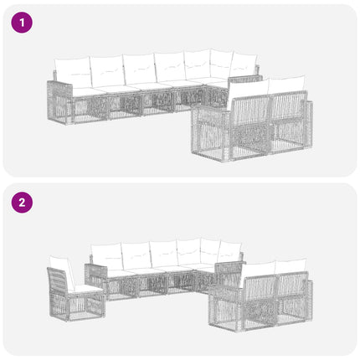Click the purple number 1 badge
point(22,23)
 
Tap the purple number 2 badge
point(22,203)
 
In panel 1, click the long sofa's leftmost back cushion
point(73,72)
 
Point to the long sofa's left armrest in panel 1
point(59,102)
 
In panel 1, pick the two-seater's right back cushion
point(286,85)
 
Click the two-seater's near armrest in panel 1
point(208,133)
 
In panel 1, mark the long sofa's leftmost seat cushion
point(85,91)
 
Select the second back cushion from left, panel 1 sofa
point(108,71)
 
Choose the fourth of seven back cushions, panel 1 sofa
point(170,67)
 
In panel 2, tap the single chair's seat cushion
point(85,289)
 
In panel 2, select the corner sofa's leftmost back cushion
point(107,256)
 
